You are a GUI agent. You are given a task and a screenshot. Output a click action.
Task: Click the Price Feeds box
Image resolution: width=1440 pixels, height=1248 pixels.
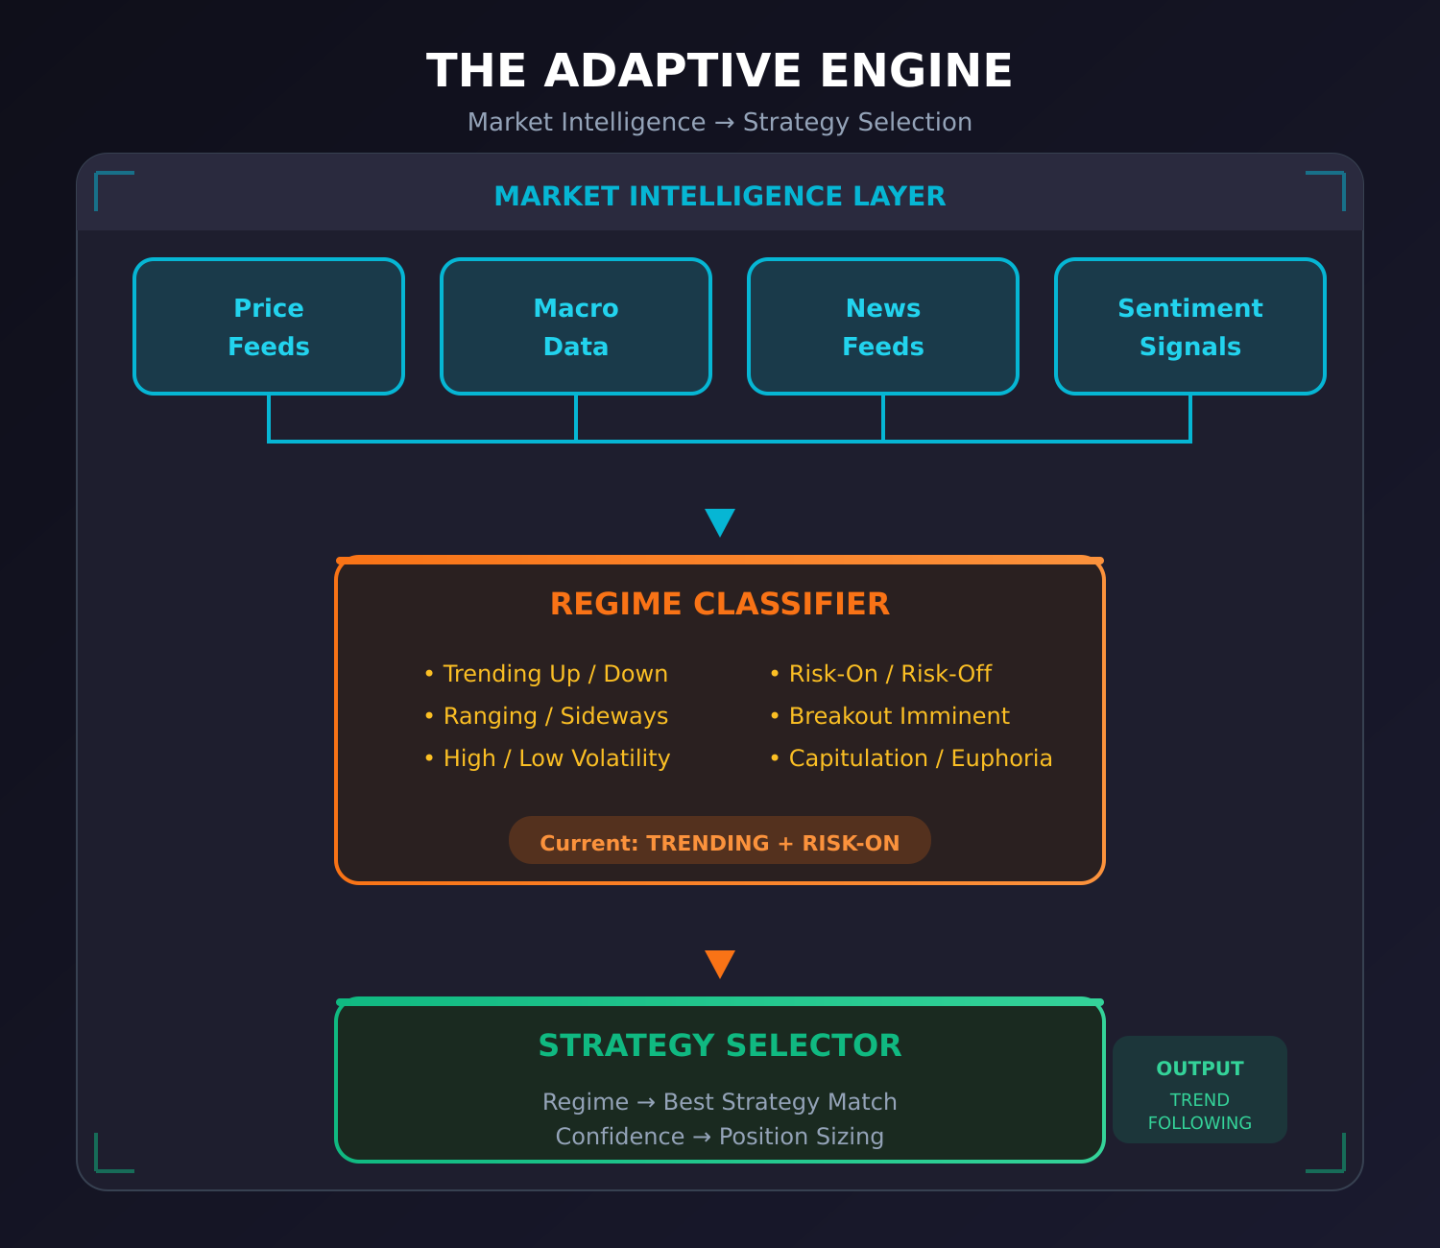(269, 326)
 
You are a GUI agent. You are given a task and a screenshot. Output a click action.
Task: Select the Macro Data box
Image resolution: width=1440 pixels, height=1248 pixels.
(576, 326)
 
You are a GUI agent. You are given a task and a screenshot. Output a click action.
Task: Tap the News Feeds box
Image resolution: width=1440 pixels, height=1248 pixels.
(883, 326)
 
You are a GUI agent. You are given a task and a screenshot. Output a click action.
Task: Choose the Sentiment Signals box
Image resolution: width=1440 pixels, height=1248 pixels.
(1190, 326)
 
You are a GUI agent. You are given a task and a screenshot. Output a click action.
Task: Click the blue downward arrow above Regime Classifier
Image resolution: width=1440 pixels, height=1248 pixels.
(720, 521)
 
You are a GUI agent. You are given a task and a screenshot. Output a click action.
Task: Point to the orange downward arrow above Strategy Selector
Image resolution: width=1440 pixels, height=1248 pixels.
(720, 963)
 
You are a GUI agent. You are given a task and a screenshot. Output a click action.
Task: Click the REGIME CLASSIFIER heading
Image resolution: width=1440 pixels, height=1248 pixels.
(720, 604)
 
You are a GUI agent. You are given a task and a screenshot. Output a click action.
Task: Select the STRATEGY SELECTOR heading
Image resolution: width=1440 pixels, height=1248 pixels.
(720, 1045)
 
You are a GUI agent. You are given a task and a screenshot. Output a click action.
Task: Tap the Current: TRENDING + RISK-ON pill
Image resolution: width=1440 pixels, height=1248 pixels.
(720, 841)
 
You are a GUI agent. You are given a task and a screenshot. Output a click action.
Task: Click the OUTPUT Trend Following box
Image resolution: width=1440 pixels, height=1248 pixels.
(1200, 1090)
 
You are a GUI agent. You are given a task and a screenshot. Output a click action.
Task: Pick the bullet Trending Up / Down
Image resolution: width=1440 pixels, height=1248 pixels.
(546, 674)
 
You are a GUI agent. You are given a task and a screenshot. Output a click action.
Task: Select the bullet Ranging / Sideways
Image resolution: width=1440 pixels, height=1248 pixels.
(546, 716)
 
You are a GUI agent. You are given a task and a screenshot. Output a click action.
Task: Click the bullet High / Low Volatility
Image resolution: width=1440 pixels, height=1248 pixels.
(547, 758)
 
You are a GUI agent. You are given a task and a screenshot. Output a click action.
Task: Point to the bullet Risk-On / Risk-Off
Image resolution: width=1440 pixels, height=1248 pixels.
(881, 674)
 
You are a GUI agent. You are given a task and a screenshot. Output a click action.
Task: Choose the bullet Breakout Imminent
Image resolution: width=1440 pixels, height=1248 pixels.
(890, 716)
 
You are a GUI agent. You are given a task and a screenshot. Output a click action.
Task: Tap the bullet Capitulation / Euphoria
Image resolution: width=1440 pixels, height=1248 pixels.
(911, 758)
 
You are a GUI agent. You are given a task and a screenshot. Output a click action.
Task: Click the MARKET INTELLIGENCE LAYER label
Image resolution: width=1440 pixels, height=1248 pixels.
(720, 196)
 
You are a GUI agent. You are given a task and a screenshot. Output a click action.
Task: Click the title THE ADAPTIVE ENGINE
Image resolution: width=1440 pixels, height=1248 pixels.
(720, 71)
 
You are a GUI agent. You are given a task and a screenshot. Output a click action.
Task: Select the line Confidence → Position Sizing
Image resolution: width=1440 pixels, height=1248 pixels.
(720, 1137)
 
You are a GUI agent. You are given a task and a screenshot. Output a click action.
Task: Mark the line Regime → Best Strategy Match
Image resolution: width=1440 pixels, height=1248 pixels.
(720, 1102)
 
